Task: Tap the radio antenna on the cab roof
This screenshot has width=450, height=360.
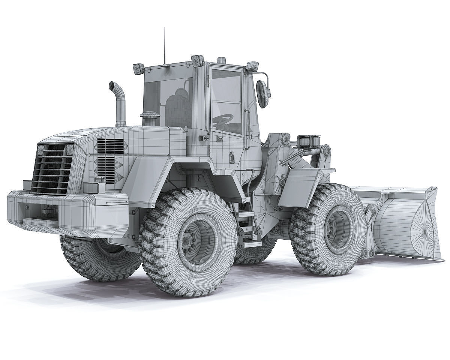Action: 164,45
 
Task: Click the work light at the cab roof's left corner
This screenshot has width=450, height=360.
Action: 138,69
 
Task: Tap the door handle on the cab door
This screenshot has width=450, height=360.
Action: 204,138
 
